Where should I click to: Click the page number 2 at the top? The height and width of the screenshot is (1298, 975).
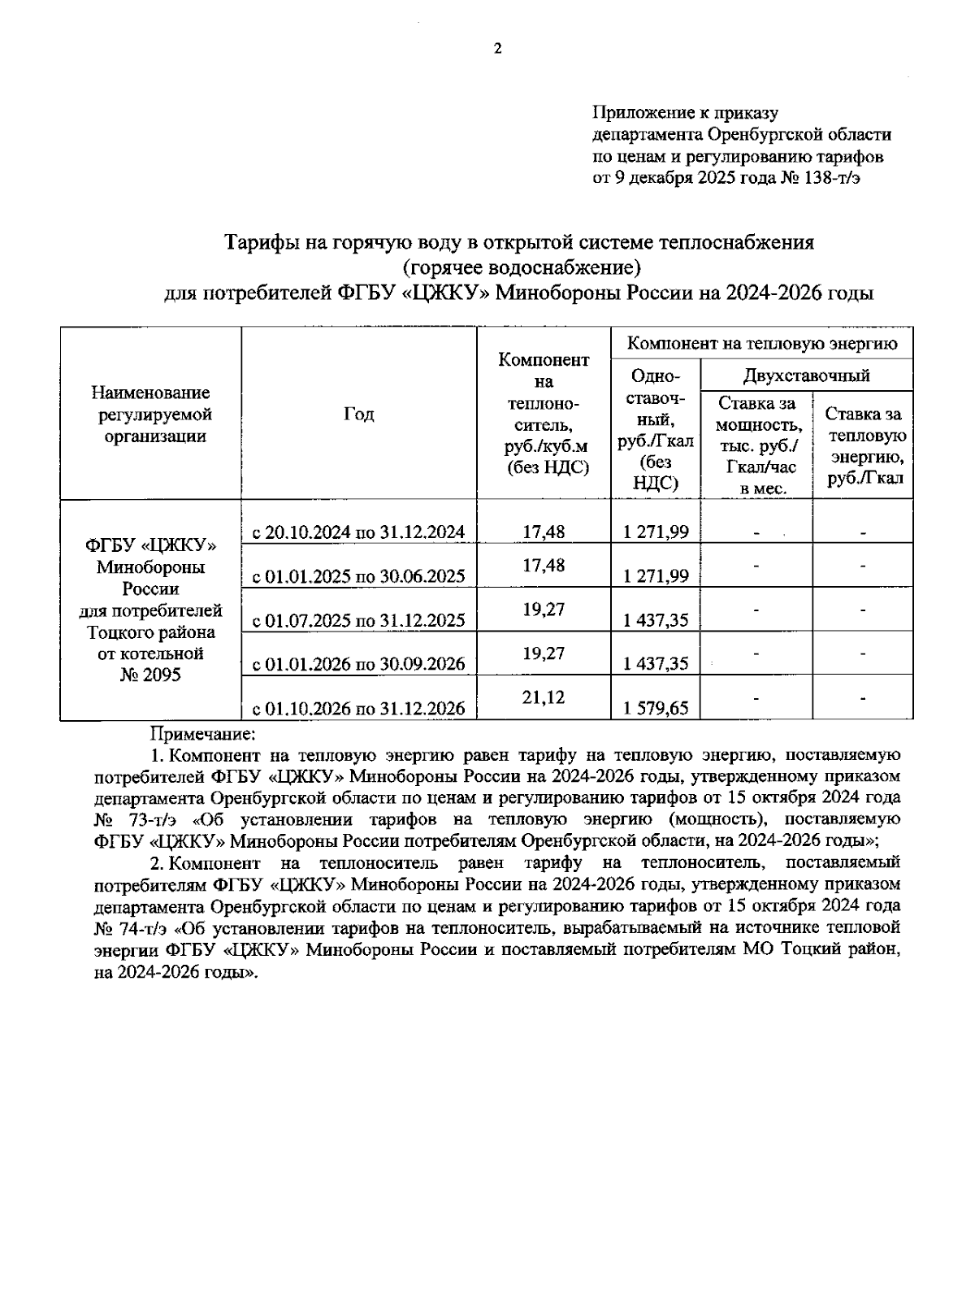point(498,49)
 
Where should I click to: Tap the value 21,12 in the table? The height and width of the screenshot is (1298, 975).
point(544,697)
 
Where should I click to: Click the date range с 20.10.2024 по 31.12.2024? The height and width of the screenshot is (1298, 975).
point(358,532)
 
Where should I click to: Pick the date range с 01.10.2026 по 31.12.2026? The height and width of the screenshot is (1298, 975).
point(358,708)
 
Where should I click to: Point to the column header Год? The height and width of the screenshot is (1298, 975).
point(358,414)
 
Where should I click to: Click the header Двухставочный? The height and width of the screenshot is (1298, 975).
point(806,376)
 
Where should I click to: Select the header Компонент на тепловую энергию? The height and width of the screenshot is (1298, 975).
point(762,344)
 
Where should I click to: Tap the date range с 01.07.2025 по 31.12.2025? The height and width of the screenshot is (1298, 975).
point(358,620)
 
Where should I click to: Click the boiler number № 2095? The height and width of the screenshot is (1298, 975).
point(150,675)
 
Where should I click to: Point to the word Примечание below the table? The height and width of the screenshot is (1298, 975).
point(203,734)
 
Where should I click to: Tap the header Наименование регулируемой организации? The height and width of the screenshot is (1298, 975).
point(150,415)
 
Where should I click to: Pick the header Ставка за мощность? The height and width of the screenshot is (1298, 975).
point(756,414)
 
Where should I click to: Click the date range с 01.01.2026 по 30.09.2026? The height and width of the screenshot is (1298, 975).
point(358,664)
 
